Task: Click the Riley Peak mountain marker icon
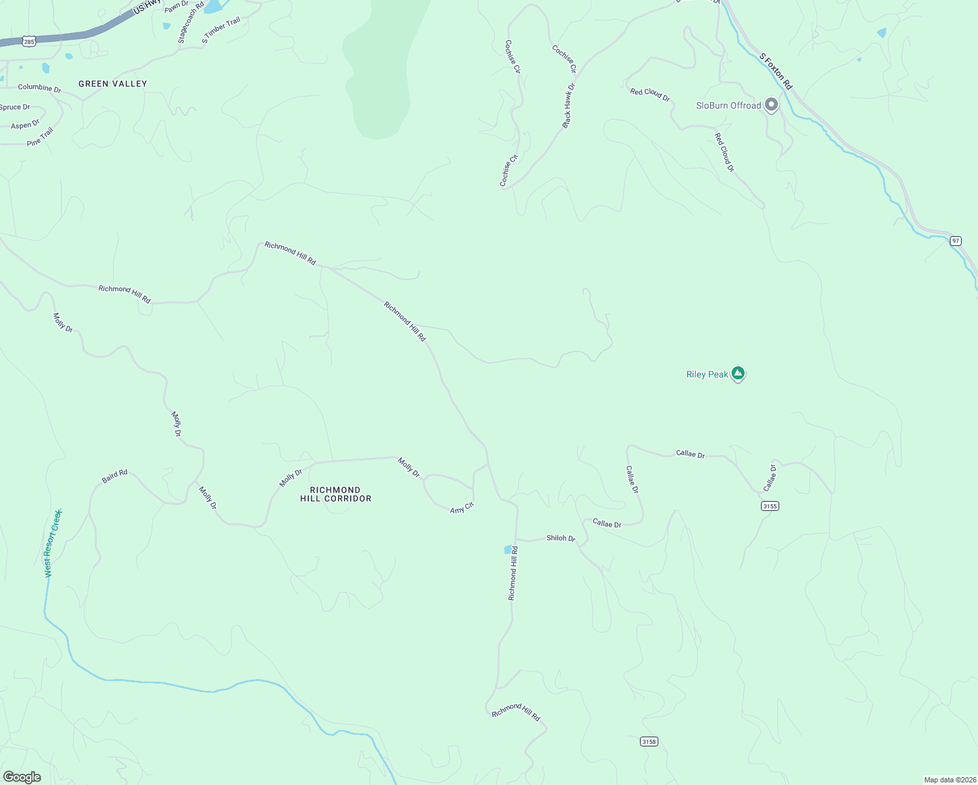[738, 374]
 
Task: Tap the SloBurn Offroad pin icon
[771, 105]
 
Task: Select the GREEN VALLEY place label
[112, 84]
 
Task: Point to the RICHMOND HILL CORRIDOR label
[335, 494]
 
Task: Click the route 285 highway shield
[29, 41]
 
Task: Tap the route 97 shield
[956, 241]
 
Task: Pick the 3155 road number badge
[770, 506]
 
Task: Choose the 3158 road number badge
[649, 741]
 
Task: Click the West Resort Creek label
[52, 543]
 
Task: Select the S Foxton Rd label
[776, 71]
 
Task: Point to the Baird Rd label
[114, 476]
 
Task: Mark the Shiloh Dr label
[561, 538]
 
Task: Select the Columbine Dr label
[39, 88]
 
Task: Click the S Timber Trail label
[221, 30]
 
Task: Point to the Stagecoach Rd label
[192, 22]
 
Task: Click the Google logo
[22, 777]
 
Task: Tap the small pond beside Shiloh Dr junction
[508, 549]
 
